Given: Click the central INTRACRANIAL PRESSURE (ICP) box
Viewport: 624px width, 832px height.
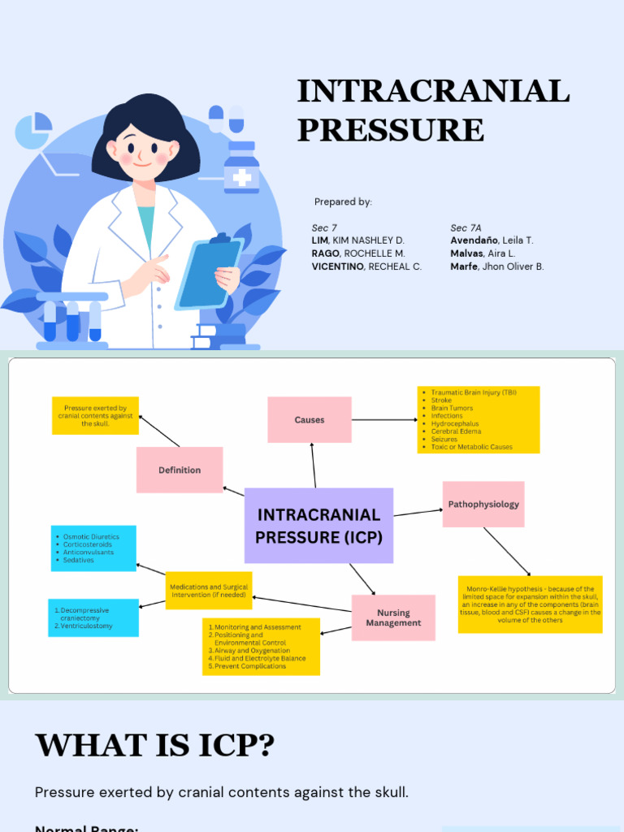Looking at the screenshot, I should [318, 526].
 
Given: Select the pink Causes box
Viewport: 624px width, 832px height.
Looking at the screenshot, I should [310, 420].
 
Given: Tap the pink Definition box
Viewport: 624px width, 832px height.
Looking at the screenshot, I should [180, 470].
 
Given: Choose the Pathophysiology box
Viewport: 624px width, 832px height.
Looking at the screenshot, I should [483, 505].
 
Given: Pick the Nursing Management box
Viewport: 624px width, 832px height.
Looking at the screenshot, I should [393, 617].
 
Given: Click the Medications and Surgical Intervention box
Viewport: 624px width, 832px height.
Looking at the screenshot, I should [209, 591].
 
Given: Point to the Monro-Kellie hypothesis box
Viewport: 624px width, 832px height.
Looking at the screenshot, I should [530, 604].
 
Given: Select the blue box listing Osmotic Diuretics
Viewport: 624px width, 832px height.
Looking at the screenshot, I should [93, 548].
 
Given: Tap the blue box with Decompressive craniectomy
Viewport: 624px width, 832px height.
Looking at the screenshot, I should [93, 617].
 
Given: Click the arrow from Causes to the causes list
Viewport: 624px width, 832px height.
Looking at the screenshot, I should [383, 420].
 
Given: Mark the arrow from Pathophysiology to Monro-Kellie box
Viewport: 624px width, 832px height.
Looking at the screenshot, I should [507, 552].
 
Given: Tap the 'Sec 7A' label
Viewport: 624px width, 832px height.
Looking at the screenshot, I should [466, 227].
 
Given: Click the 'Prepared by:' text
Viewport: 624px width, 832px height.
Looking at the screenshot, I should [343, 201].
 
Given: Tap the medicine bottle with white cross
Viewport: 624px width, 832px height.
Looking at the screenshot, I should [241, 168].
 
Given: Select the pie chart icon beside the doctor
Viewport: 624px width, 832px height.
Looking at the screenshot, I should [33, 131].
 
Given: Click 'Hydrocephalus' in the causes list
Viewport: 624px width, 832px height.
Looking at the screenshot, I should [455, 423].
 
